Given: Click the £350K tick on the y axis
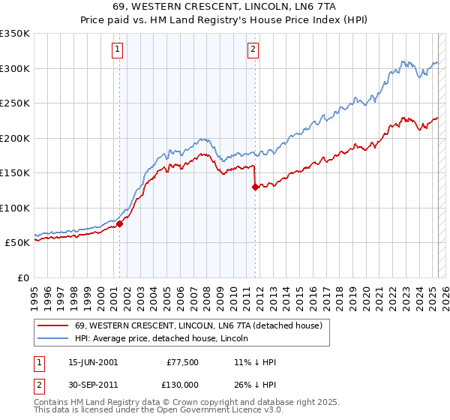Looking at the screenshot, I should pos(15,34).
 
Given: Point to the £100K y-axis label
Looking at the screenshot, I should pos(15,208).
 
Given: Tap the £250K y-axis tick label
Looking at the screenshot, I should pos(15,103).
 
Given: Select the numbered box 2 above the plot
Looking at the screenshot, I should pos(253,50).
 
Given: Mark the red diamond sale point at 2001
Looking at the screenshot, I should pos(119,223).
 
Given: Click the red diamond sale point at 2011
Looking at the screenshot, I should pos(256,187).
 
